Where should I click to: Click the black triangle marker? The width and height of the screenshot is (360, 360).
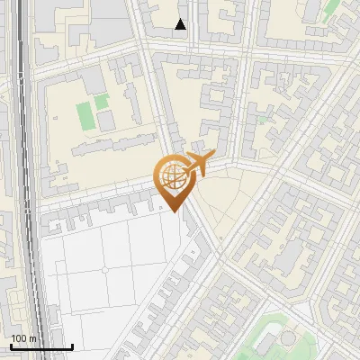point(181,24)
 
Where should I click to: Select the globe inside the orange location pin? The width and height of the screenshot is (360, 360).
point(172,177)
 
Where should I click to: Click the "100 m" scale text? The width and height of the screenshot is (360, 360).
point(23,338)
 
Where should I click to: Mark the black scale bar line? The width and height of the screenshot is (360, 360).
point(41,347)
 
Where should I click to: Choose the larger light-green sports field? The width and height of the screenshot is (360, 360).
point(85,114)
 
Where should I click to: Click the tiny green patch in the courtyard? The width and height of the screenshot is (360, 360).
point(262,118)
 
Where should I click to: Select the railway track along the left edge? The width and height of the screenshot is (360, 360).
point(25,180)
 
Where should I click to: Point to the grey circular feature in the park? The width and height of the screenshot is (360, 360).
point(287,338)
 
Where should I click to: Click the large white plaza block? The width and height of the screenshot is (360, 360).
point(108,270)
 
